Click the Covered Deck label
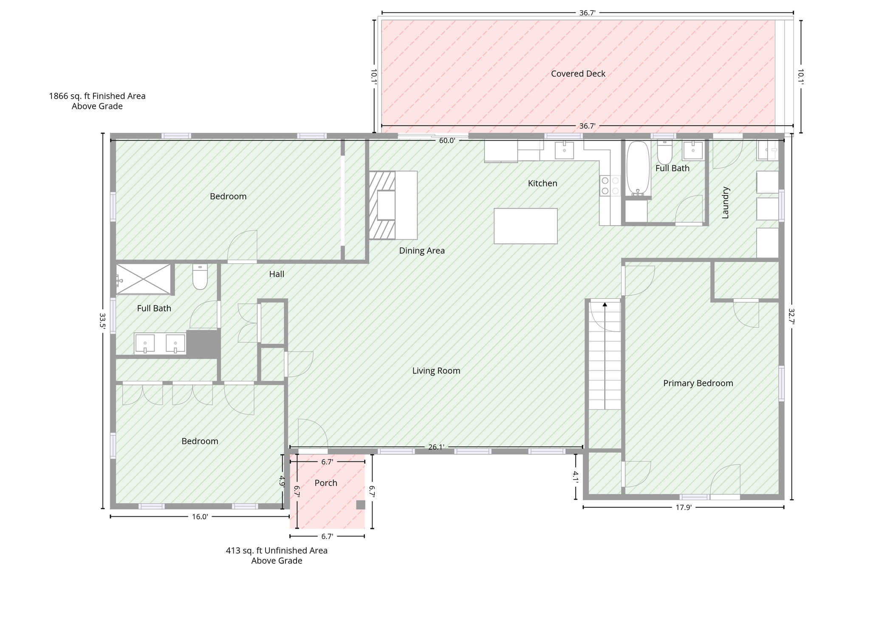(x=578, y=74)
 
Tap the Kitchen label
(x=542, y=184)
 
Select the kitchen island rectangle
(x=525, y=226)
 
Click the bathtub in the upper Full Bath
(x=638, y=168)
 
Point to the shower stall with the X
(x=144, y=279)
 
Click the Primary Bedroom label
(x=698, y=384)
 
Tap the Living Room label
(x=436, y=371)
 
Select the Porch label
(x=326, y=483)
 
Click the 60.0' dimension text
(x=447, y=141)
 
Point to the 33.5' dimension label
(x=102, y=320)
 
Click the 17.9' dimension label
(x=684, y=507)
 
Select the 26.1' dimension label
(x=436, y=447)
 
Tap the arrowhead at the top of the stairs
(x=605, y=305)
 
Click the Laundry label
(x=726, y=203)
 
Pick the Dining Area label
(x=422, y=251)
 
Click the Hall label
(x=277, y=274)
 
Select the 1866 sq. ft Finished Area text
(x=97, y=96)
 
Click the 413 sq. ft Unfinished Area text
(x=277, y=551)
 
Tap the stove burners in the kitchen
(x=610, y=186)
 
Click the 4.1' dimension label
(x=576, y=477)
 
